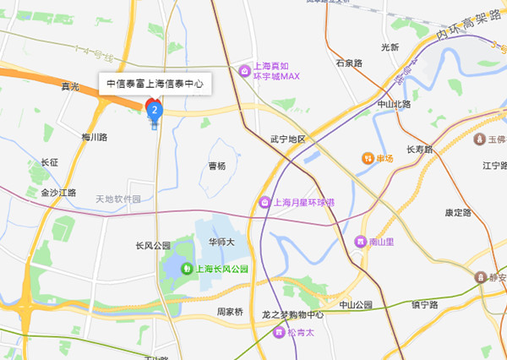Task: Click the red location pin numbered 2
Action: [x=154, y=109]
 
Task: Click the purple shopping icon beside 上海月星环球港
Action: [x=265, y=203]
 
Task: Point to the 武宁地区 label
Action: [x=287, y=138]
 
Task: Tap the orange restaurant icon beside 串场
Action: [x=368, y=158]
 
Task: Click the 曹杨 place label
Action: [x=217, y=166]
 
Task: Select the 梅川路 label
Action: [x=95, y=137]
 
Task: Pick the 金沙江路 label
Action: [x=58, y=193]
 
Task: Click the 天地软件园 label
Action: [x=118, y=199]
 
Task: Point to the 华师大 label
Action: [x=221, y=242]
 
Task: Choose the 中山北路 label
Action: [x=394, y=104]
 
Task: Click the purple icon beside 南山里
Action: [x=361, y=241]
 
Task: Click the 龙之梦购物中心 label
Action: [x=293, y=314]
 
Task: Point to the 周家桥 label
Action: [x=230, y=311]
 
